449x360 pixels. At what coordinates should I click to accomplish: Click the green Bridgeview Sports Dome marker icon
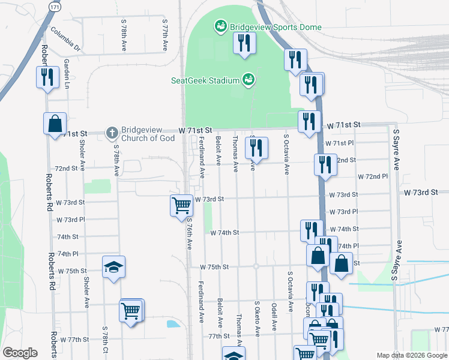pyautogui.click(x=220, y=26)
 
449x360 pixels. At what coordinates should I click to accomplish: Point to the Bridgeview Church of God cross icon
pyautogui.click(x=111, y=133)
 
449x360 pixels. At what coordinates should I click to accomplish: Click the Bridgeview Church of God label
pyautogui.click(x=148, y=134)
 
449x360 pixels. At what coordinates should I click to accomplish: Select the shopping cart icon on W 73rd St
pyautogui.click(x=181, y=205)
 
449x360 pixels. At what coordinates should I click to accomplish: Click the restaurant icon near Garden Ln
pyautogui.click(x=46, y=76)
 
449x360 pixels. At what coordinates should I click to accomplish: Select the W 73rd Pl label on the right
pyautogui.click(x=344, y=212)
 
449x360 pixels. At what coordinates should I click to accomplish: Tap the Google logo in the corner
pyautogui.click(x=20, y=353)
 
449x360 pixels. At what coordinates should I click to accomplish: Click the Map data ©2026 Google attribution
pyautogui.click(x=412, y=355)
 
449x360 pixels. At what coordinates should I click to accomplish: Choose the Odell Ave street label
pyautogui.click(x=274, y=316)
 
